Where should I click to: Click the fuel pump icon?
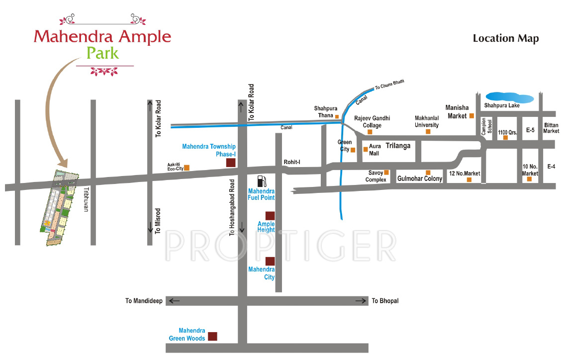pos(262,181)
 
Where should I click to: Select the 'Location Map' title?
pos(505,38)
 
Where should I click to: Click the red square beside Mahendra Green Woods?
pos(212,336)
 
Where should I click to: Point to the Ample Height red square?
pos(270,215)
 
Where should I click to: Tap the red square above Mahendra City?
pos(270,261)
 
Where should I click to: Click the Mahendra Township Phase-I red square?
pos(231,163)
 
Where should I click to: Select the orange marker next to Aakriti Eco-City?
pos(187,168)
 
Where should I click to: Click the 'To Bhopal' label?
pos(385,301)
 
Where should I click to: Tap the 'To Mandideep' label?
pos(144,301)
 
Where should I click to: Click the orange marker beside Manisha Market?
pos(471,116)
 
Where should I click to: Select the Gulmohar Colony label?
pos(419,179)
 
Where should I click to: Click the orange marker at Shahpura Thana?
pos(337,117)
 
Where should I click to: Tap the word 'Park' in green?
pos(103,53)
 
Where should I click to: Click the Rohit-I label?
pos(292,162)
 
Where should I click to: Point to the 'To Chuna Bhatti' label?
pos(390,86)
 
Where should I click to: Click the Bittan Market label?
pos(551,128)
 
